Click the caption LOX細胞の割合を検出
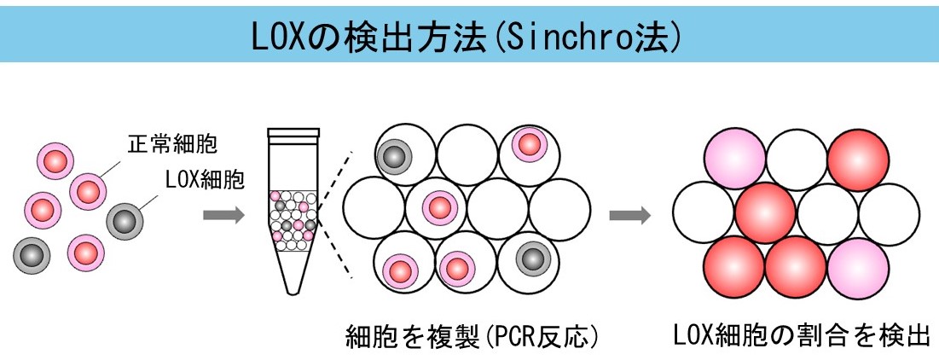coord(797,334)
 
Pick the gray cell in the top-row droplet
coord(395,155)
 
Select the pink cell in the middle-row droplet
coord(438,206)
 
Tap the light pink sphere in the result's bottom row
coord(857,264)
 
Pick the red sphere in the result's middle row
coord(765,210)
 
